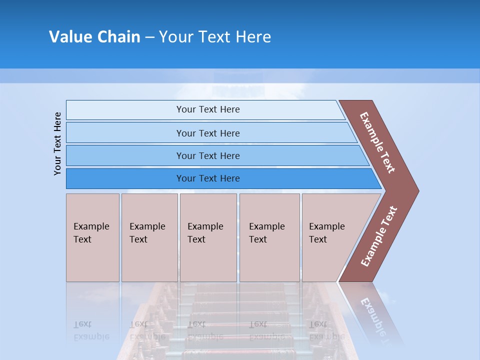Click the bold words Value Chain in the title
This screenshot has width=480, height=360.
coord(94,36)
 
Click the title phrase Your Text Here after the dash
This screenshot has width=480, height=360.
coord(215,36)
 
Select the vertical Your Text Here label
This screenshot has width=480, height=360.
coord(57,143)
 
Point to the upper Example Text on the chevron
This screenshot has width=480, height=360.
coord(377,142)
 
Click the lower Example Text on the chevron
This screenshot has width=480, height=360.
coord(378,236)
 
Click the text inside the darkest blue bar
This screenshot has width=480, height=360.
coord(208,178)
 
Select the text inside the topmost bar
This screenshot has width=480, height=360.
coord(208,109)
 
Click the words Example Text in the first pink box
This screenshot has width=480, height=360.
coord(91,233)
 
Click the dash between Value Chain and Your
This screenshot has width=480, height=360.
coord(149,37)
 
